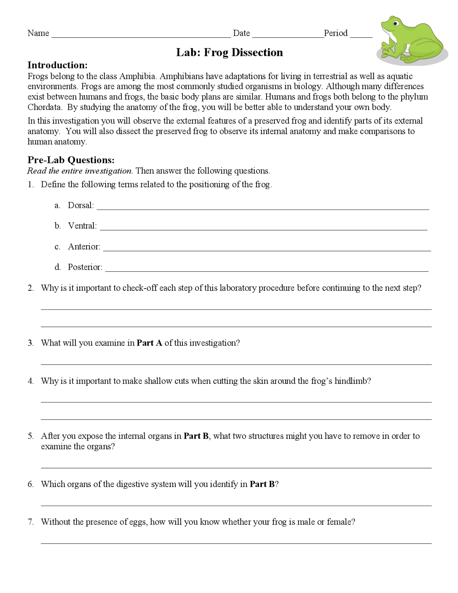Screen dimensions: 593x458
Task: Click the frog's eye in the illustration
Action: [x=395, y=24]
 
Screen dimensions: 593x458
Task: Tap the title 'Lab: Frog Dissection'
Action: [x=229, y=53]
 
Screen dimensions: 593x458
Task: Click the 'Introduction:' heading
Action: [x=58, y=65]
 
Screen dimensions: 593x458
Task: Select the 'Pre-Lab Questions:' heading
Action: [x=71, y=160]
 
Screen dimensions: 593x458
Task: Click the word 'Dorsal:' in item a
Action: [x=81, y=206]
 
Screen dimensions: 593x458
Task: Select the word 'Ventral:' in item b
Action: [x=82, y=226]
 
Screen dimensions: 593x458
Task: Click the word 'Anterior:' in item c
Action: [x=84, y=247]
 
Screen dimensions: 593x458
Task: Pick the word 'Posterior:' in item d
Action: [x=85, y=267]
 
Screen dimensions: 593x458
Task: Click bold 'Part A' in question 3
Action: [x=149, y=343]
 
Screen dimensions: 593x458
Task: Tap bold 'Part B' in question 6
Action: [x=262, y=484]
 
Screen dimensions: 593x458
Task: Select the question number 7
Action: [x=31, y=522]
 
